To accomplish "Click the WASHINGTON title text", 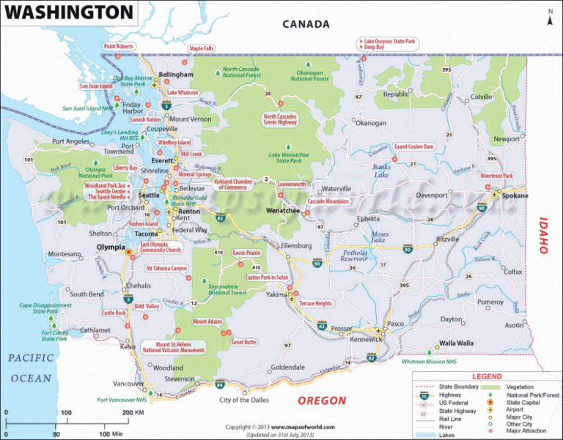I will click(70, 12).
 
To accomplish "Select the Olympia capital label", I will click(111, 247).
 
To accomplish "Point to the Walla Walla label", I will click(455, 343).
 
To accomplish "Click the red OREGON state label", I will click(321, 400).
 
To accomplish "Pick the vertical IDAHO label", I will click(543, 235).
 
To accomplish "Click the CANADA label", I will click(306, 23).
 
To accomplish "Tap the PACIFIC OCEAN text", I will click(31, 368).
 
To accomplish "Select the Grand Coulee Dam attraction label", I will click(414, 146).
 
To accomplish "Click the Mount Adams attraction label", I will click(207, 321).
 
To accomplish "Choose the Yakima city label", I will click(276, 294).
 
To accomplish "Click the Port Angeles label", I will click(71, 141).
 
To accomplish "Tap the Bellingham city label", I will click(176, 75).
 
